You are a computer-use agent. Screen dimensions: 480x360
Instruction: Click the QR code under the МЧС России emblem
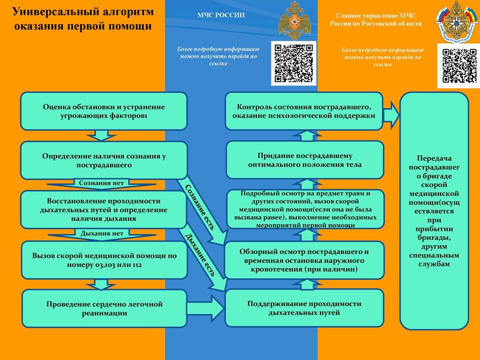click(294, 63)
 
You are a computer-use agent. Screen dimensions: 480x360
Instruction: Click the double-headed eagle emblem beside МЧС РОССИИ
click(294, 20)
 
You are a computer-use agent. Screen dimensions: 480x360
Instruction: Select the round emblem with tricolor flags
click(457, 22)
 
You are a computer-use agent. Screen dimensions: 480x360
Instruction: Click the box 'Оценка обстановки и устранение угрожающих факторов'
click(104, 111)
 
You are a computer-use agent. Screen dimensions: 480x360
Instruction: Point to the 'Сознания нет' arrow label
click(101, 183)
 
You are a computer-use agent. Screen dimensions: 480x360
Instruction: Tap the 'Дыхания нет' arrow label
click(102, 234)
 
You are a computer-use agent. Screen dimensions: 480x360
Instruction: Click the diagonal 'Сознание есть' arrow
click(202, 211)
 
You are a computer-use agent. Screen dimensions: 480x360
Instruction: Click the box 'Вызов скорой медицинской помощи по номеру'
click(104, 260)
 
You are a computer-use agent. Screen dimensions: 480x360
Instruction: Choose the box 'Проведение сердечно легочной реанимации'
click(104, 309)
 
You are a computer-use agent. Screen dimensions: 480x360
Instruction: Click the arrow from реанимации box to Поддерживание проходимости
click(206, 308)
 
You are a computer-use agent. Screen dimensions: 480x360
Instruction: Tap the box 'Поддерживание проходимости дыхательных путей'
click(304, 308)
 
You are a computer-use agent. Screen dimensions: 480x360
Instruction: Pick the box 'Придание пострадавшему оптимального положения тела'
click(305, 160)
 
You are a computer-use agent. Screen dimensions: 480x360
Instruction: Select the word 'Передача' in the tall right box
click(434, 158)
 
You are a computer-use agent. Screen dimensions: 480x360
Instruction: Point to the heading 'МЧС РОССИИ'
click(221, 15)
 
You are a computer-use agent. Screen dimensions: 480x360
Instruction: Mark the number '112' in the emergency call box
click(137, 265)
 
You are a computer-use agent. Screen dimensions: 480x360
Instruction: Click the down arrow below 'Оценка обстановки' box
click(101, 135)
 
